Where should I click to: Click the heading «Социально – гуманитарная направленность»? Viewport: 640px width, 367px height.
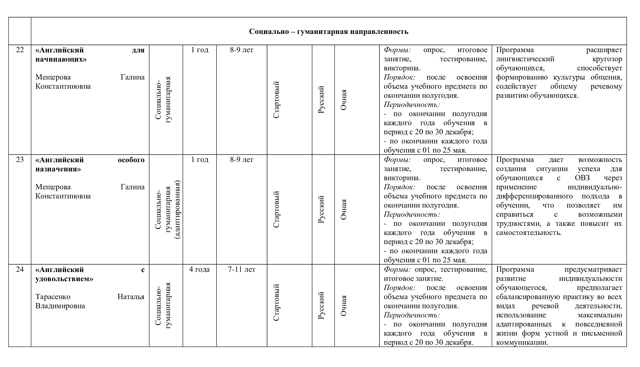pos(328,32)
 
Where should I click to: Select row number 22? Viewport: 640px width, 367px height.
pos(20,50)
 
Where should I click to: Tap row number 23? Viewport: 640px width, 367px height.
pos(20,159)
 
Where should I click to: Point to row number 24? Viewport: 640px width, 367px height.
pos(20,269)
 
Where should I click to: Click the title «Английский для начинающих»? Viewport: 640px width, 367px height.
pos(90,55)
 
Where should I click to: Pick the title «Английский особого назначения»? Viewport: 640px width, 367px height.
pos(90,164)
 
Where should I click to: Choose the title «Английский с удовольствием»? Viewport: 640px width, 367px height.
pos(90,274)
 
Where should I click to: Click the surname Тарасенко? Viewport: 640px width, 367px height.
pos(53,297)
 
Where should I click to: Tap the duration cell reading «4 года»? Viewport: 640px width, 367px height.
pos(199,269)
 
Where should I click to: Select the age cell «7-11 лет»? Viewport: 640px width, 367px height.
pos(241,269)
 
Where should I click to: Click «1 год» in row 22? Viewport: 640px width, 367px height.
pos(199,50)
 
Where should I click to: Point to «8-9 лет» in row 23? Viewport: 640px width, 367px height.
pos(241,160)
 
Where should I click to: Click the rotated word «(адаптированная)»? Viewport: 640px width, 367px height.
pos(177,209)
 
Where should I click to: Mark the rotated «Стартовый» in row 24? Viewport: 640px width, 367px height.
pos(276,302)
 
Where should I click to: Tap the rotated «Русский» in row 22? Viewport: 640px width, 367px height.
pos(321,100)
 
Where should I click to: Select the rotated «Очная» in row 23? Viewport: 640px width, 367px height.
pos(344,209)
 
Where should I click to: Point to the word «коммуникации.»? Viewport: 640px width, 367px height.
pos(522,342)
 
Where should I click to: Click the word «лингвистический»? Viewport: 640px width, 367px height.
pos(525,59)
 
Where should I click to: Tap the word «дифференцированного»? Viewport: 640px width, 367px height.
pos(534,196)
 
